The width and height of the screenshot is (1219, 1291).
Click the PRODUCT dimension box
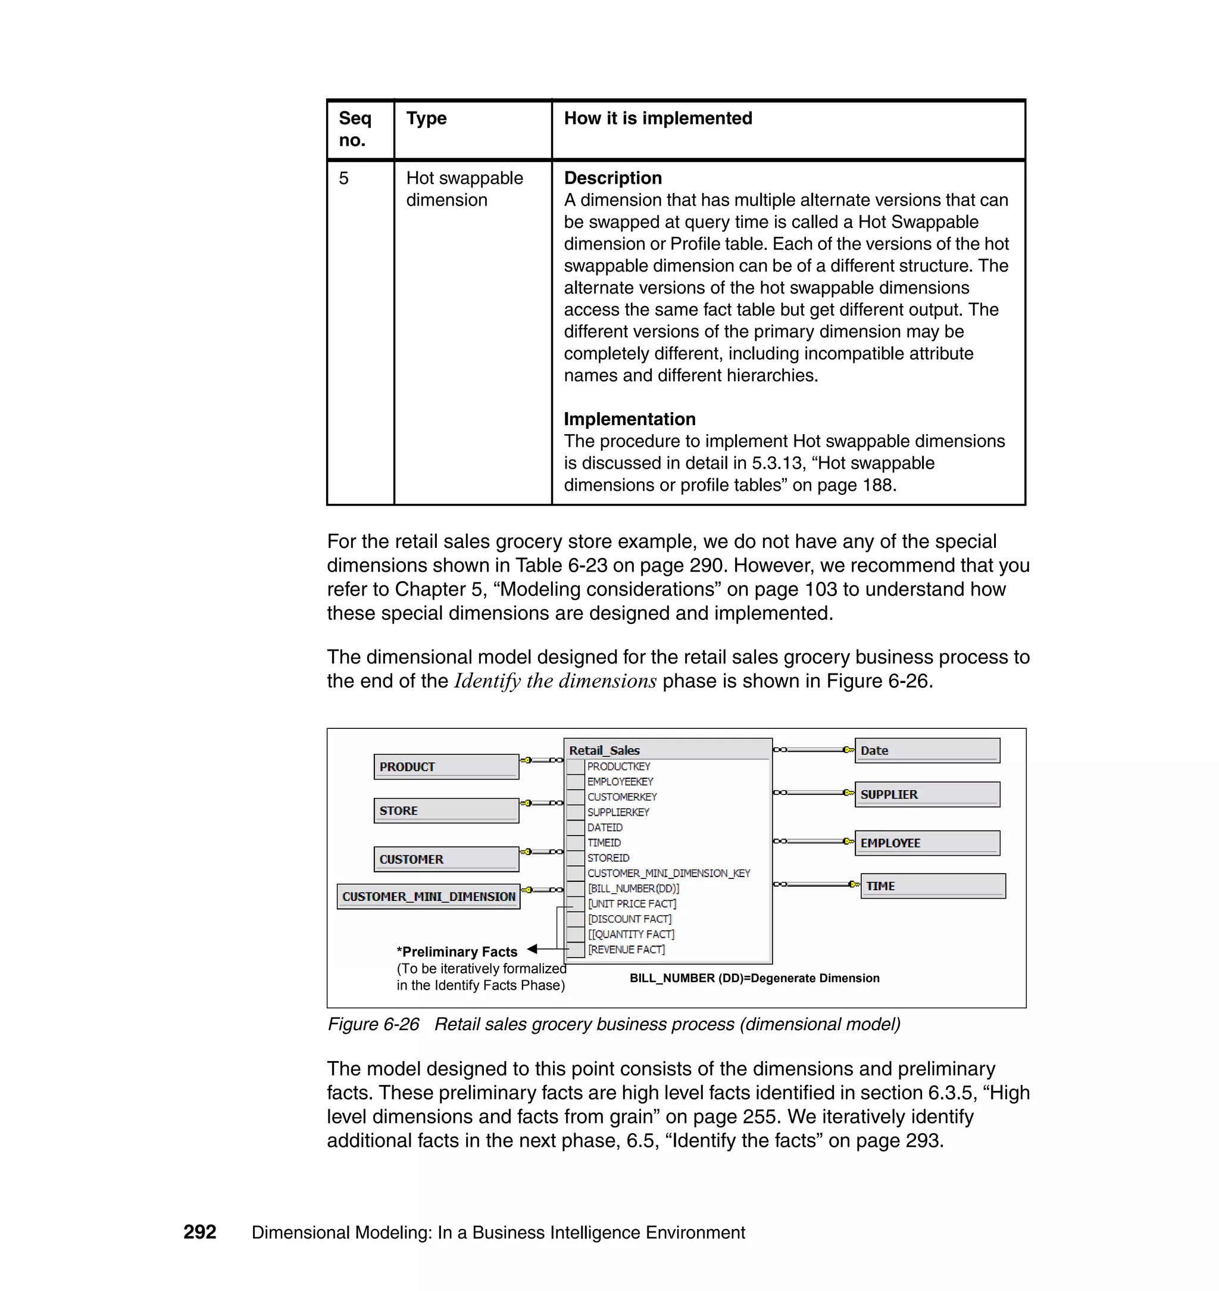click(446, 766)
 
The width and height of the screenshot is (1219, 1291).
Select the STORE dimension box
click(446, 810)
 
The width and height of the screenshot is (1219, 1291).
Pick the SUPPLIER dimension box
click(927, 794)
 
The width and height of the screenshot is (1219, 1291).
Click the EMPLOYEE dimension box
click(927, 843)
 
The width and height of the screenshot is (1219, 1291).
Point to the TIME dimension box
click(933, 886)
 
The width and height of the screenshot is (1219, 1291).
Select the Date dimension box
click(927, 750)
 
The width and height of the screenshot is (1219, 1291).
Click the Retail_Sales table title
click(604, 750)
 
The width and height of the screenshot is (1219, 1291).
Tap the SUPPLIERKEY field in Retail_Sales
click(618, 812)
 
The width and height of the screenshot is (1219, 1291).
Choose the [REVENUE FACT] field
click(626, 950)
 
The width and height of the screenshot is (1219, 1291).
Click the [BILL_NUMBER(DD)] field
click(633, 888)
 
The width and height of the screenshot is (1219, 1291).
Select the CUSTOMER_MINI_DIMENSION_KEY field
click(668, 873)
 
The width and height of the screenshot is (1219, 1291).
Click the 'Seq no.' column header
click(355, 129)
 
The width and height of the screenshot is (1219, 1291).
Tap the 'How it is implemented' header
click(658, 119)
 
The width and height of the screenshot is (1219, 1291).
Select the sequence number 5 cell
click(344, 178)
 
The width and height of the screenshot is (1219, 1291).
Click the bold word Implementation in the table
click(629, 419)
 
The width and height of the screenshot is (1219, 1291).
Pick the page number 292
click(199, 1232)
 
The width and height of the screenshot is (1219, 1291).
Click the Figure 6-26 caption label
click(373, 1024)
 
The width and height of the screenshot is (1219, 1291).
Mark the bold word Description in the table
click(612, 178)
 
